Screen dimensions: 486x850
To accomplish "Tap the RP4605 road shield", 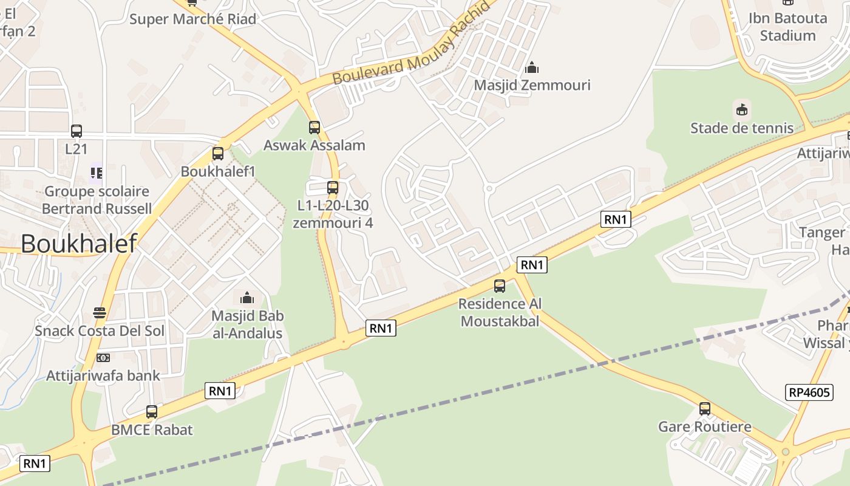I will [809, 392].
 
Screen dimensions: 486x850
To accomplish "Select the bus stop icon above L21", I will [76, 131].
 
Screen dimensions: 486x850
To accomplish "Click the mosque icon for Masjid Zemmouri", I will [532, 67].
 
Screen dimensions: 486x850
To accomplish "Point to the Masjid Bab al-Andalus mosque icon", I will [247, 298].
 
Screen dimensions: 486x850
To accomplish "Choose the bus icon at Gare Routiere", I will [704, 408].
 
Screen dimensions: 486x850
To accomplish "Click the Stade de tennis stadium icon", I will [741, 110].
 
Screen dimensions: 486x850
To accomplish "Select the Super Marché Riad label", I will [193, 19].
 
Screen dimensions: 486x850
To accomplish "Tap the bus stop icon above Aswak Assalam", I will [314, 127].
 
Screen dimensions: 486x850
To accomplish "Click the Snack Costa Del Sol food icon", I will [100, 313].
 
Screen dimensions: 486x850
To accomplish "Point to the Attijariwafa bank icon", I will [103, 358].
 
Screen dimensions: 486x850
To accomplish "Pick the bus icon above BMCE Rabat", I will [152, 411].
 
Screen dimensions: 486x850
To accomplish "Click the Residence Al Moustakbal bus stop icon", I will [500, 286].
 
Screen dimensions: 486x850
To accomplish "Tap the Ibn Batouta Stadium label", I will [787, 27].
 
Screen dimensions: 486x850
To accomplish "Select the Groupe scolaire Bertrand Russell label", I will [97, 200].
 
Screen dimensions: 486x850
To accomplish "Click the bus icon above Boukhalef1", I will [218, 154].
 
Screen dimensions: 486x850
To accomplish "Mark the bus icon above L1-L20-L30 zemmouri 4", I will [333, 187].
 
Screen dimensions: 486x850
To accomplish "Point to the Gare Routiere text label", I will [704, 426].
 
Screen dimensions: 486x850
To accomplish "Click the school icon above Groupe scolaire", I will [96, 173].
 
